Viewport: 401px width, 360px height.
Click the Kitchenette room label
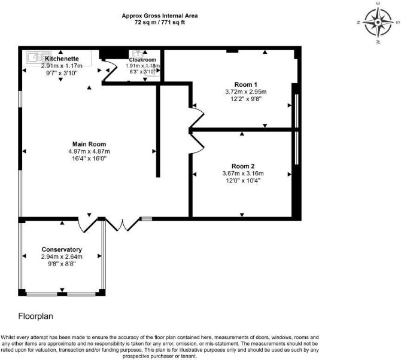62,59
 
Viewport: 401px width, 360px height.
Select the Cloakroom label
142,60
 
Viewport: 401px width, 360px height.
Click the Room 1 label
246,84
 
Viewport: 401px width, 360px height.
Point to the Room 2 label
243,166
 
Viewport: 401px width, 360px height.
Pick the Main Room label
89,144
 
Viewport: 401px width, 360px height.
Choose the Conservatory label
62,249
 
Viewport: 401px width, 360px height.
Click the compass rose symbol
378,23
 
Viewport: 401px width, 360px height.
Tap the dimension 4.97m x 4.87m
89,151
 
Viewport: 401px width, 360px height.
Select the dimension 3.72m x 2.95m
246,91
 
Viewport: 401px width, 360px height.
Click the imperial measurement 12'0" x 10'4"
243,181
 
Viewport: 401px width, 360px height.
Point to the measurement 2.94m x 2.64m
62,257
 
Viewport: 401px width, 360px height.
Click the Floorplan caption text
35,316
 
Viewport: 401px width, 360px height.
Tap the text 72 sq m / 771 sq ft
160,22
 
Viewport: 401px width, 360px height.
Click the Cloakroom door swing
110,69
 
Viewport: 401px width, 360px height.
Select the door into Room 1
197,117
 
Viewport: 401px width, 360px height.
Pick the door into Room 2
197,144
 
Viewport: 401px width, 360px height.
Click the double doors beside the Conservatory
123,225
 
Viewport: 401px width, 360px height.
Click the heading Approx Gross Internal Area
160,16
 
